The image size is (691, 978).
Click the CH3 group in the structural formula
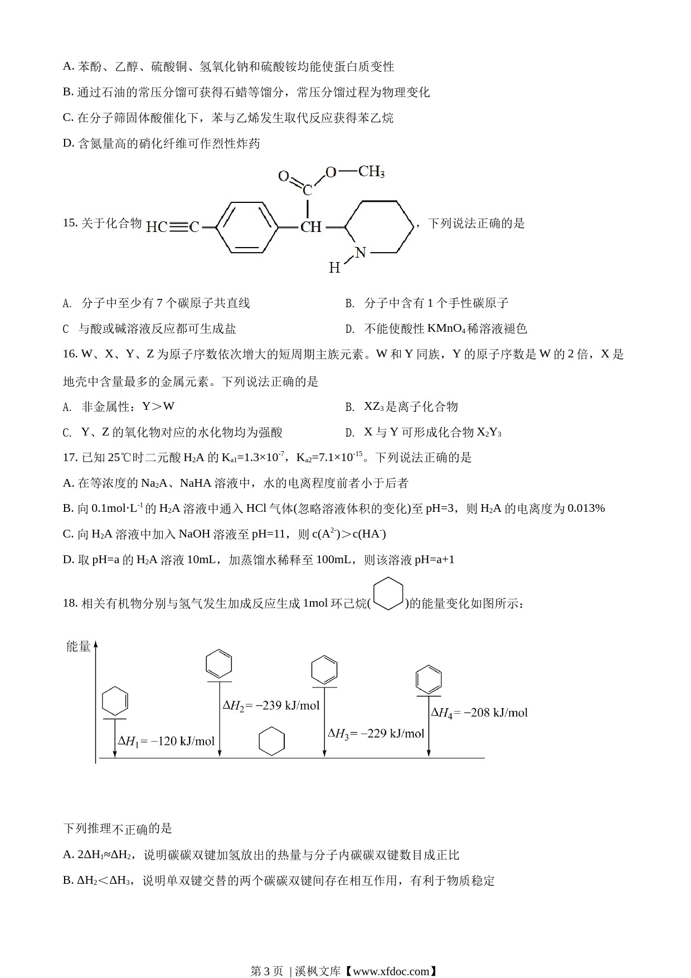371,171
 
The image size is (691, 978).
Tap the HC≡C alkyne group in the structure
173,227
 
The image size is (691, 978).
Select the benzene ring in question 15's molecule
246,227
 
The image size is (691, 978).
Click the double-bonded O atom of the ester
284,176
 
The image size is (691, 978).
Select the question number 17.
70,457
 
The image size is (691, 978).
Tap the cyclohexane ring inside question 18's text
388,594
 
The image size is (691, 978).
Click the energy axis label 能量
78,646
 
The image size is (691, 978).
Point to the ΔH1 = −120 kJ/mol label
166,741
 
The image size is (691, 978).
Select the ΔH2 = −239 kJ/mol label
271,706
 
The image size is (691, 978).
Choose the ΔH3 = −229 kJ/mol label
376,734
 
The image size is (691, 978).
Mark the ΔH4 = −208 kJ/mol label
479,713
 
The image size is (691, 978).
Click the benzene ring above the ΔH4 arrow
429,680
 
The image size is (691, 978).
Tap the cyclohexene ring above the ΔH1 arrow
115,701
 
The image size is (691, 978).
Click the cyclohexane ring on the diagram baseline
272,742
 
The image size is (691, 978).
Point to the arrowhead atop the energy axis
96,644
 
